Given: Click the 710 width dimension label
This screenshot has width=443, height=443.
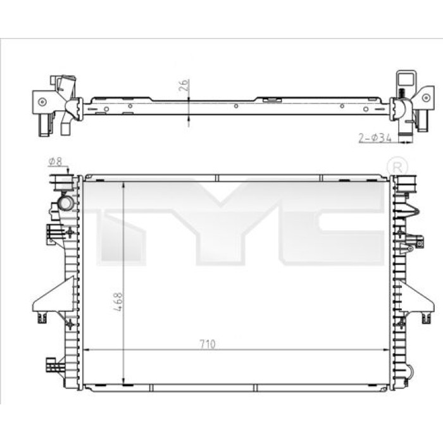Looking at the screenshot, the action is coord(208,344).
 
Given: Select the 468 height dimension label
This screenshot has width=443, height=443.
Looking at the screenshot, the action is coord(118,302).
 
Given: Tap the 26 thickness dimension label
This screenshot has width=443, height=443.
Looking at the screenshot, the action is coord(184,85).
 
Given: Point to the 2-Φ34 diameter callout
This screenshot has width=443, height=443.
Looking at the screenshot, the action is coord(375,138).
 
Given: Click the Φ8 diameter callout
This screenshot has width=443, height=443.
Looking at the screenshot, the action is coord(55,161).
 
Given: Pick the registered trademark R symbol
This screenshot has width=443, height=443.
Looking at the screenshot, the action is coord(397,168).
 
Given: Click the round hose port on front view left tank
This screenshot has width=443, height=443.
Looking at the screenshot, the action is coord(66,203).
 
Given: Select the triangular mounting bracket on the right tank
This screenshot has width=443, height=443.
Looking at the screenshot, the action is coord(416,296).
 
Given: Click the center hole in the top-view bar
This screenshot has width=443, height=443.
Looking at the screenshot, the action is coord(236,106).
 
